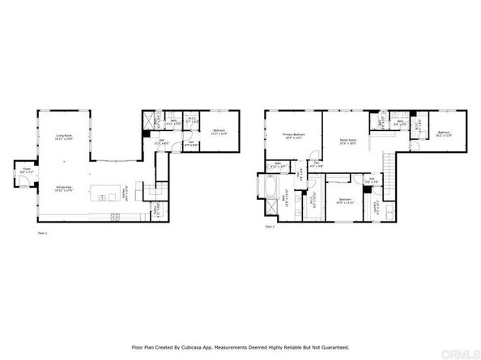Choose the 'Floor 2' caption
(270, 228)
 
